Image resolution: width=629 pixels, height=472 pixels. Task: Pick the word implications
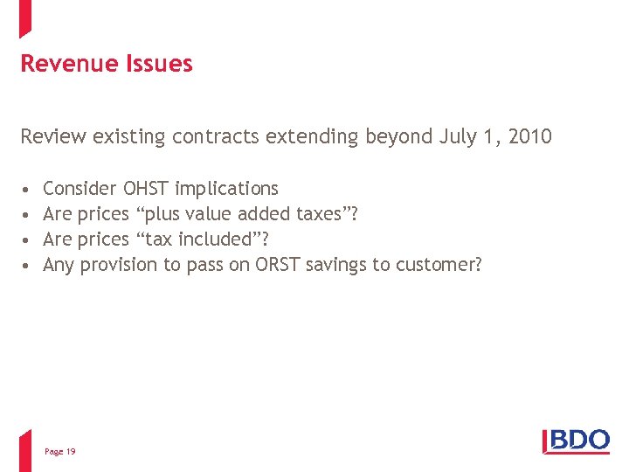[x=227, y=189]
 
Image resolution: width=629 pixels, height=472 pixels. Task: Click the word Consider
[x=79, y=188]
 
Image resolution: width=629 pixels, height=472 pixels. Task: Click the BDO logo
[x=577, y=441]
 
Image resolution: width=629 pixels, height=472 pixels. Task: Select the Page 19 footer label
[x=59, y=451]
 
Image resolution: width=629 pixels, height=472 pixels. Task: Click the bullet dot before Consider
[x=27, y=189]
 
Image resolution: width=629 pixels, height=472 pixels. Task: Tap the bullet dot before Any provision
[x=27, y=265]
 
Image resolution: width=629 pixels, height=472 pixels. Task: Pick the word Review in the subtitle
[x=50, y=136]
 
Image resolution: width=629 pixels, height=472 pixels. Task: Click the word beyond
[x=391, y=136]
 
